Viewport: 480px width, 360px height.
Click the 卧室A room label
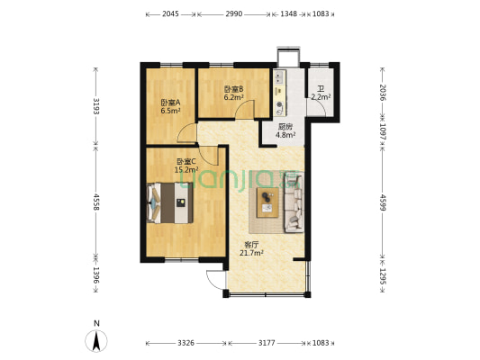170,107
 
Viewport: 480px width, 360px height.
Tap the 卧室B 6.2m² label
233,93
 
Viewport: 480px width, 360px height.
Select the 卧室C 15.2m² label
186,164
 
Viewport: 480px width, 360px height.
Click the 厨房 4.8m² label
285,131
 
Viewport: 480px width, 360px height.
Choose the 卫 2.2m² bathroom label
321,93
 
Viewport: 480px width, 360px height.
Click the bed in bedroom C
168,202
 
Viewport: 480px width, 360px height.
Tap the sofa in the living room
294,202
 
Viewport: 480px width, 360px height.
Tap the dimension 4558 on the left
95,203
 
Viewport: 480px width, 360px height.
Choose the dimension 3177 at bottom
267,343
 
